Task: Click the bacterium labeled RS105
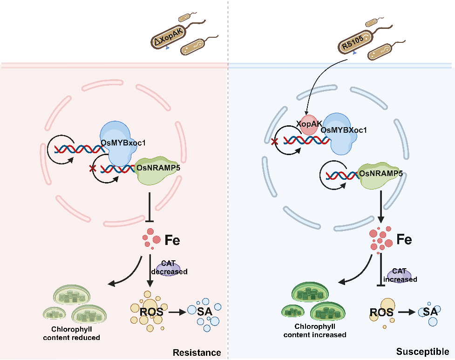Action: pyautogui.click(x=354, y=42)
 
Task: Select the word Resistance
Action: pyautogui.click(x=197, y=352)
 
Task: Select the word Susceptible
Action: pyautogui.click(x=422, y=352)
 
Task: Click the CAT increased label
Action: pyautogui.click(x=400, y=275)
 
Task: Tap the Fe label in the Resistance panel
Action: pyautogui.click(x=172, y=241)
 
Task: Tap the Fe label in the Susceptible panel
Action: pyautogui.click(x=404, y=240)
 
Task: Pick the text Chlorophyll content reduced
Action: pyautogui.click(x=72, y=333)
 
